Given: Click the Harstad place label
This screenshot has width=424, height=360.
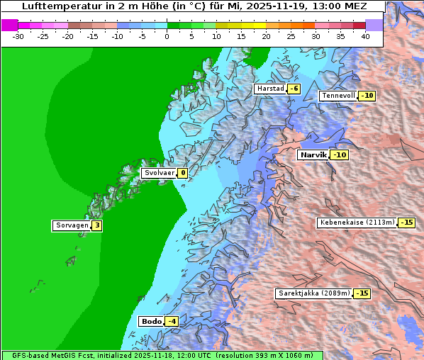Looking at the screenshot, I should click(270, 89).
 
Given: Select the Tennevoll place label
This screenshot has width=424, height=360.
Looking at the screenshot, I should click(338, 96).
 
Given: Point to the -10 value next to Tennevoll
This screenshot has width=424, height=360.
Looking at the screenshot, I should click(367, 96).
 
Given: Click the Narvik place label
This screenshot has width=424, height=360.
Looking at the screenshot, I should click(313, 154).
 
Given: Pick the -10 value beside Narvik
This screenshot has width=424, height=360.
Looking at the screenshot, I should click(340, 154).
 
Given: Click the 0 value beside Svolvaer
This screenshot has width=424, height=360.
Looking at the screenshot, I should click(182, 173).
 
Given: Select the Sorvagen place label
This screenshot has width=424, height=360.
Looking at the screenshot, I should click(72, 225).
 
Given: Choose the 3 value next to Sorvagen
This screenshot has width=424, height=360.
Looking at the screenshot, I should click(97, 225).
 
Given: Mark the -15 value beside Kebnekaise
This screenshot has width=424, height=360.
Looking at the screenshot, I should click(406, 222).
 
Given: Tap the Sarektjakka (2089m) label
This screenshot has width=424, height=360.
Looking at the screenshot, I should click(313, 293).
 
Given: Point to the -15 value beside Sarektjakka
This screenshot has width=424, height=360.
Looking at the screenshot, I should click(362, 293).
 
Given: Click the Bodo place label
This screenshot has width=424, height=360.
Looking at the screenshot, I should click(152, 321).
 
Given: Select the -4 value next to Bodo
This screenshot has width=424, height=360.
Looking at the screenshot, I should click(171, 321).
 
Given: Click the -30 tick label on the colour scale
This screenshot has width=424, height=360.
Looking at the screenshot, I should click(18, 35).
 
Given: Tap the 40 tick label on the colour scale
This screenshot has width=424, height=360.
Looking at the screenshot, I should click(365, 35).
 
